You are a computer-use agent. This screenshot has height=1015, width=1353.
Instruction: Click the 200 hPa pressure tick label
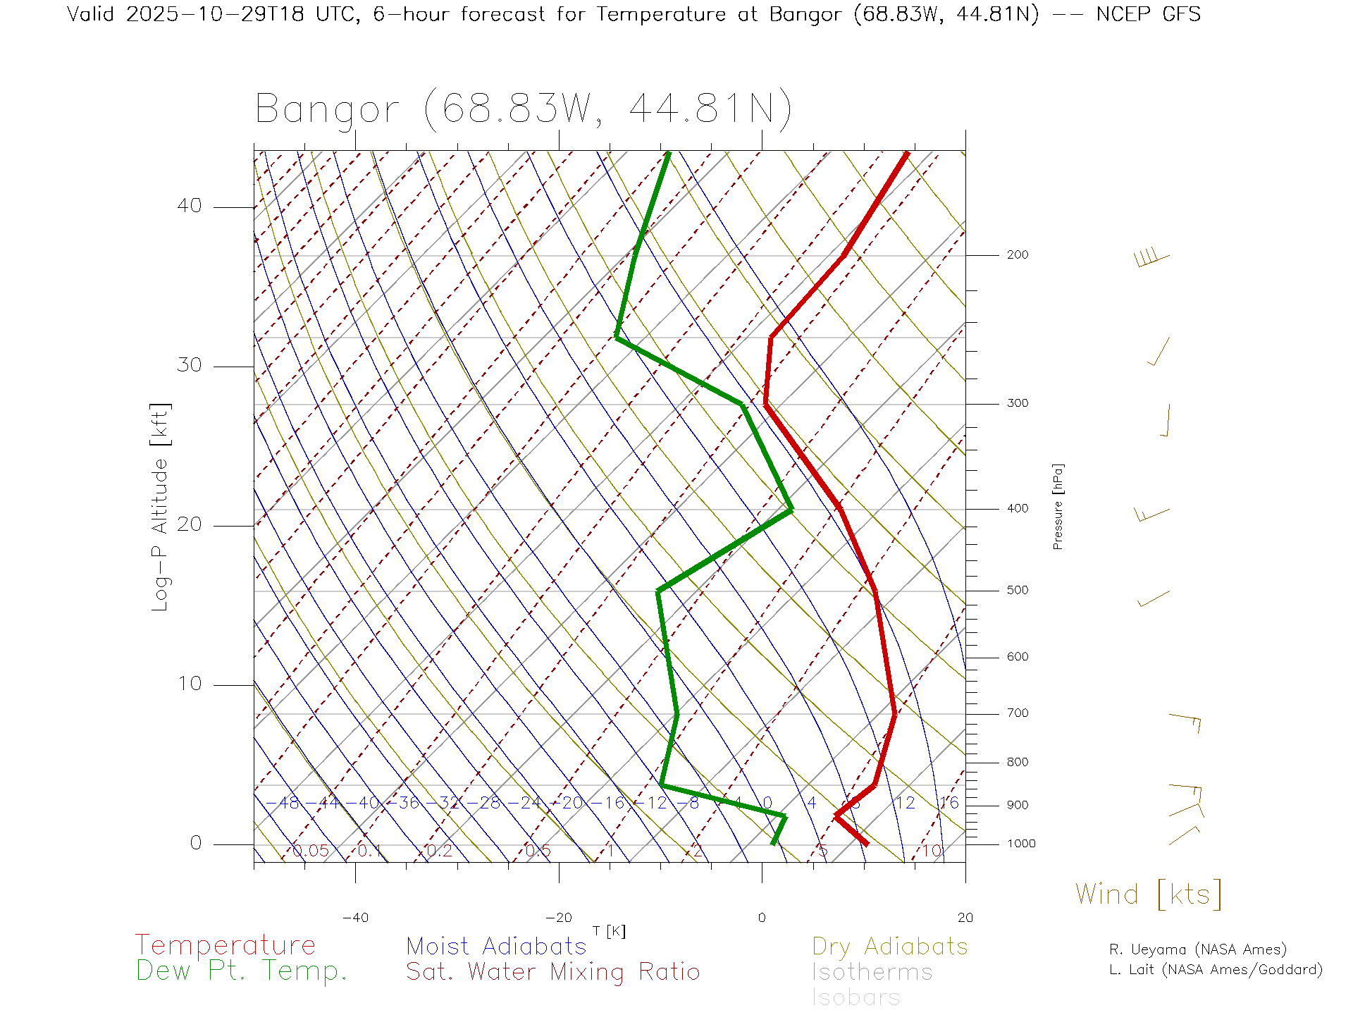[1017, 254]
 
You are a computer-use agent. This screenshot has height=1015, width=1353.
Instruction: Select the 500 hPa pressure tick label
[1017, 590]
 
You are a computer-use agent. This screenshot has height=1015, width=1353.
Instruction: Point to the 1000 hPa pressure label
[1020, 844]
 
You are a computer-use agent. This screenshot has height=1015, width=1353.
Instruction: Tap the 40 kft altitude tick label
[189, 206]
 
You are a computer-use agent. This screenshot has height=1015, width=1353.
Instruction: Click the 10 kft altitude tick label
[189, 684]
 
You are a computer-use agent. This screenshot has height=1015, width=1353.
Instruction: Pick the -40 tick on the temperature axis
[355, 918]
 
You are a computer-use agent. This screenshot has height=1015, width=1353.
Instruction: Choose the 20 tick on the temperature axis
[965, 918]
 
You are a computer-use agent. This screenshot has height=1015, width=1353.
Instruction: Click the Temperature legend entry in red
[225, 945]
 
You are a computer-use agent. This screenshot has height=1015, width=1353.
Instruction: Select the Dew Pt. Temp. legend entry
[242, 971]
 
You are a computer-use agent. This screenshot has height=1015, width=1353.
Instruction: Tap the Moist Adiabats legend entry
[496, 946]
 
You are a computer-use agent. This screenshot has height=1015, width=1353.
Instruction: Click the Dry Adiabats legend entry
[889, 946]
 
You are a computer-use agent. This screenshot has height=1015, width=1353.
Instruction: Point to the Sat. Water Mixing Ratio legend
[552, 972]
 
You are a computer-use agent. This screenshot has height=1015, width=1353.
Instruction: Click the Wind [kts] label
[1148, 894]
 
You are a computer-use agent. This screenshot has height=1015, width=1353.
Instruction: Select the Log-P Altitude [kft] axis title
[161, 507]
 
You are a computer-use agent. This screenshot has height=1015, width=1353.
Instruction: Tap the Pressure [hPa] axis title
[1058, 506]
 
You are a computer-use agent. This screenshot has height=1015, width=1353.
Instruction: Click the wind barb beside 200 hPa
[1151, 257]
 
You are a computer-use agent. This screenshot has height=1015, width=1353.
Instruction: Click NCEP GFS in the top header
[1148, 14]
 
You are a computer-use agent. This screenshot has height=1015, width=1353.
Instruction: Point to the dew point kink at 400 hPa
[791, 509]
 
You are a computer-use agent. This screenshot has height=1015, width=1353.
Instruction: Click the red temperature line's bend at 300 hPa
[766, 404]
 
